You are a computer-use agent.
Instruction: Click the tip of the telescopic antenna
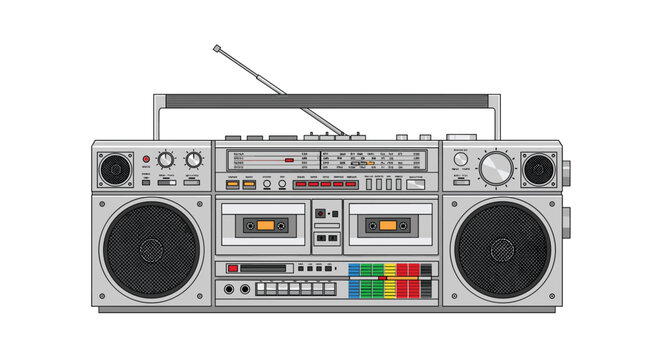pyautogui.click(x=215, y=46)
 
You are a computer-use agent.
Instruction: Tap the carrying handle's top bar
pyautogui.click(x=327, y=100)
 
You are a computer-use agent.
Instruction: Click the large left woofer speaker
pyautogui.click(x=152, y=249)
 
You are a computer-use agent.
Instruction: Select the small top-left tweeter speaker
pyautogui.click(x=115, y=168)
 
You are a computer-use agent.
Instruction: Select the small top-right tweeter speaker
pyautogui.click(x=538, y=168)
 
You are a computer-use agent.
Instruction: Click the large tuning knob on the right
pyautogui.click(x=495, y=168)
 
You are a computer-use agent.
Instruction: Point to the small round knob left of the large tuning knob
pyautogui.click(x=460, y=159)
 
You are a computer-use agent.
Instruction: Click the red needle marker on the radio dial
pyautogui.click(x=288, y=159)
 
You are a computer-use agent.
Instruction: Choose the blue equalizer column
pyautogui.click(x=354, y=280)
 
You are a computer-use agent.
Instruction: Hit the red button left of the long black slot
pyautogui.click(x=233, y=268)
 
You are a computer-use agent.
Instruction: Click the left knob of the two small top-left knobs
pyautogui.click(x=165, y=159)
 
